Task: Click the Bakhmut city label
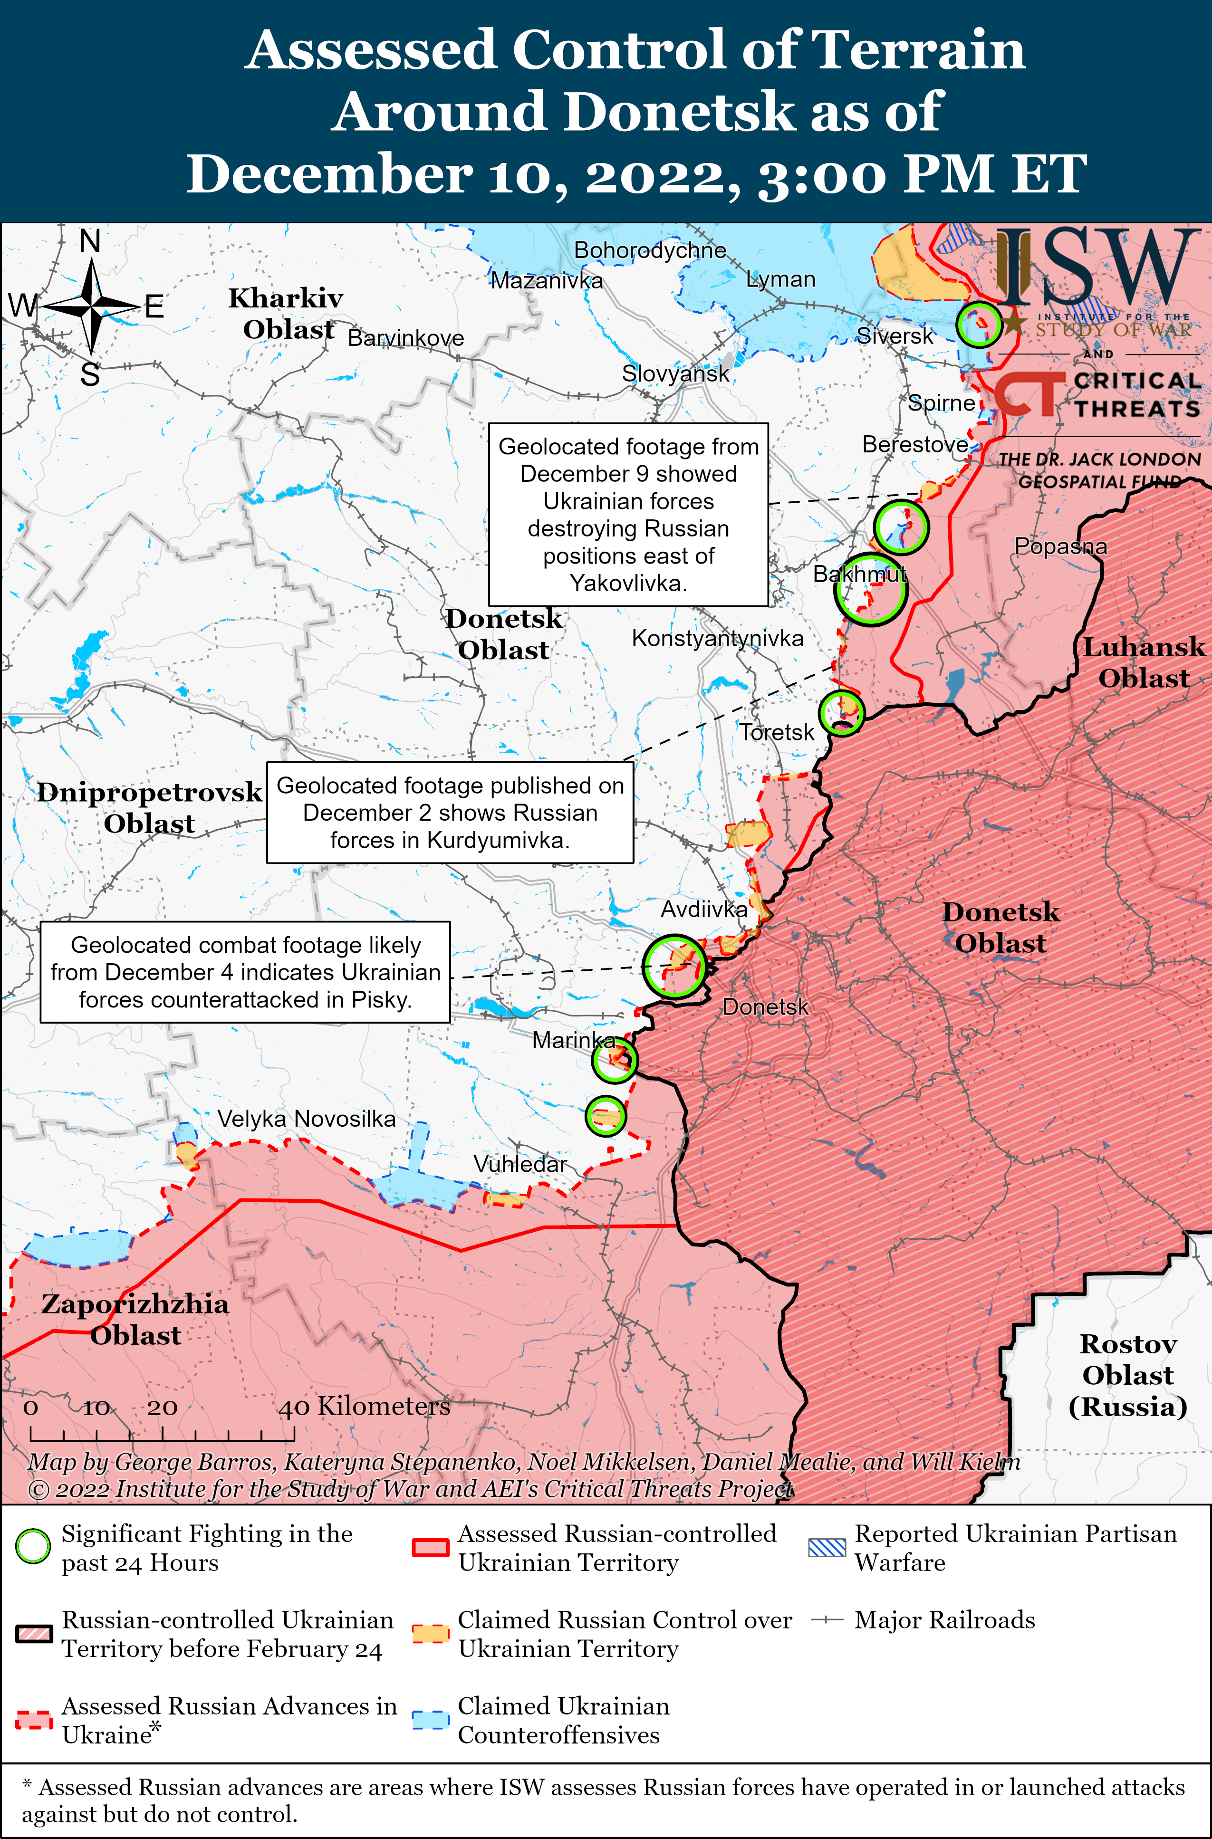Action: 859,574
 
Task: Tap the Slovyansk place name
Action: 675,374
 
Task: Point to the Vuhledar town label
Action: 519,1164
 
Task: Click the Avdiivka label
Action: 703,910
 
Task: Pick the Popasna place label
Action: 1060,546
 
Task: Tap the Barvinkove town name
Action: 406,338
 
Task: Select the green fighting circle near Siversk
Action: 978,324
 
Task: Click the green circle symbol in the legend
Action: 33,1546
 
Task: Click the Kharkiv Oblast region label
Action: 286,314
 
